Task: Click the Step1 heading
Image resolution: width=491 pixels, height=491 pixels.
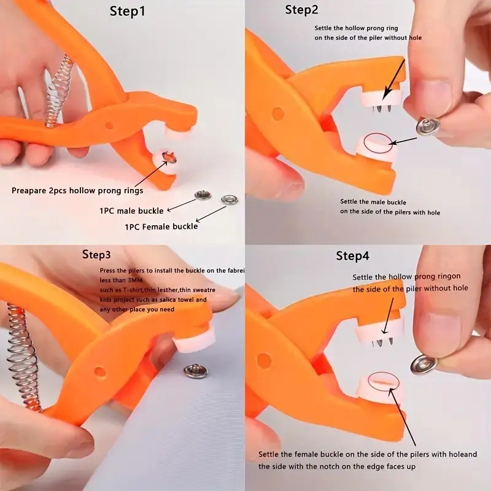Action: [128, 10]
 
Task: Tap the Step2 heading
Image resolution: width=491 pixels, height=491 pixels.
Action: [302, 10]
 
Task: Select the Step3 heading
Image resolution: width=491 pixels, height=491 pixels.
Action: [96, 254]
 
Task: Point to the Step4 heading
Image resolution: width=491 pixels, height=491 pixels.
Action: [352, 256]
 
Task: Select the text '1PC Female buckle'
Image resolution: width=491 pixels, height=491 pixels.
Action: [161, 226]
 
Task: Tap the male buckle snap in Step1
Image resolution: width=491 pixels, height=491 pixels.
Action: [203, 196]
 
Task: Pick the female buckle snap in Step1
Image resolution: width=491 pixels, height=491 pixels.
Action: [230, 199]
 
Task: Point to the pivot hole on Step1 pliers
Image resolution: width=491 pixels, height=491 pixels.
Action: [109, 125]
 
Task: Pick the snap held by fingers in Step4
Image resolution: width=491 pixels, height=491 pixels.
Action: [423, 364]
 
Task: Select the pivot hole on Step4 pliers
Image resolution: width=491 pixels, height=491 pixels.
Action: [265, 360]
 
